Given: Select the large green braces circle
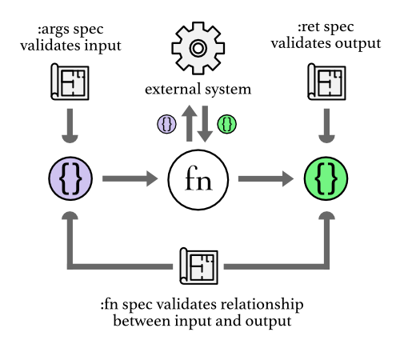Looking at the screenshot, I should coord(326,178).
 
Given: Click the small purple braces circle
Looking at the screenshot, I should coord(167,124).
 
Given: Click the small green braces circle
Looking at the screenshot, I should coord(227,124).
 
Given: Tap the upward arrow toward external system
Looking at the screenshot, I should coord(189,125).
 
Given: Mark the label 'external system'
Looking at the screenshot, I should coord(198,89).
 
